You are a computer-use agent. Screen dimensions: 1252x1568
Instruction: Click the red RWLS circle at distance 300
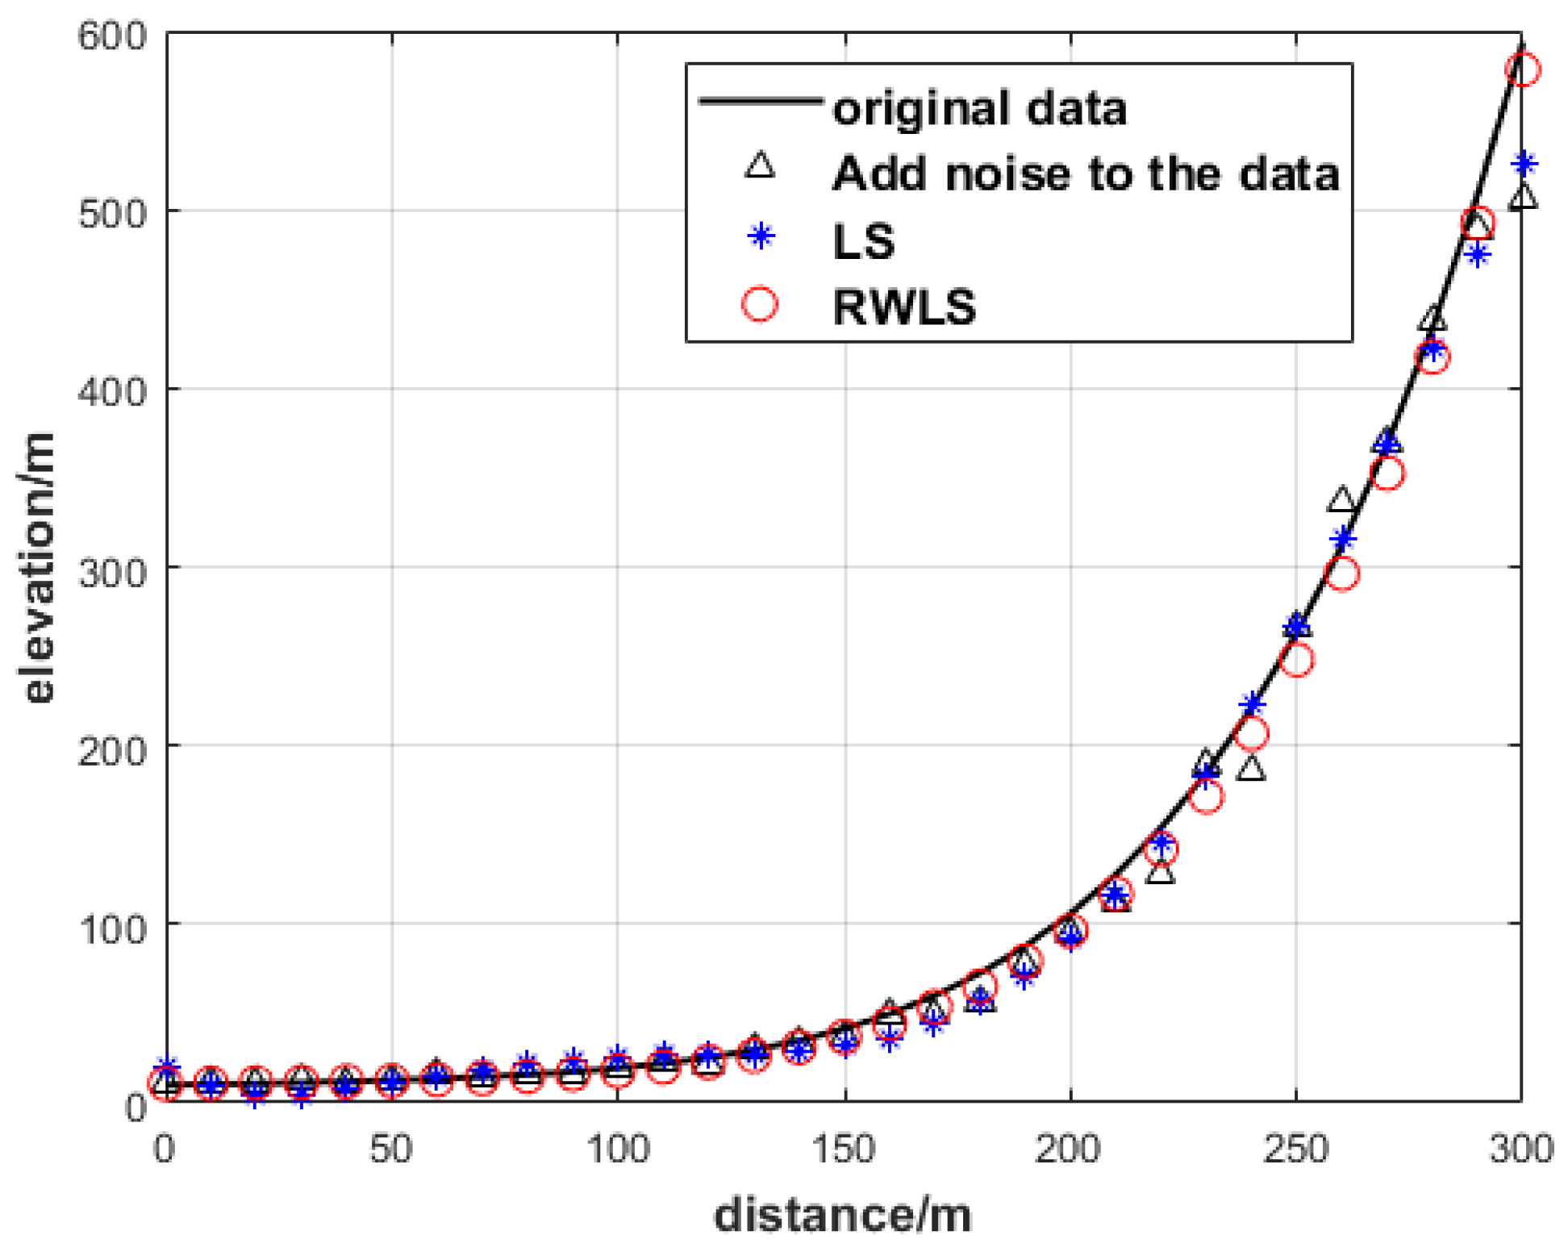(1522, 69)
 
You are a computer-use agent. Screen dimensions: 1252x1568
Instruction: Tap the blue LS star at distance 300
(1524, 165)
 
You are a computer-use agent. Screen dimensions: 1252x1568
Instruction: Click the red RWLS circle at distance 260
(1341, 574)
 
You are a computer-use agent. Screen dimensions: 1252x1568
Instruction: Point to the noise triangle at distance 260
(1341, 500)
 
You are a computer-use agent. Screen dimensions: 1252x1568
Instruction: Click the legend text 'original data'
(979, 108)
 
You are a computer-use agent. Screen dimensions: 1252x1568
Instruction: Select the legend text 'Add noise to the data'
(1086, 173)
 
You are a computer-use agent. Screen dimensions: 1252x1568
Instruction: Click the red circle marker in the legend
(760, 305)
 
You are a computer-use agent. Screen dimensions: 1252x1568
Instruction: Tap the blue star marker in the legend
(761, 237)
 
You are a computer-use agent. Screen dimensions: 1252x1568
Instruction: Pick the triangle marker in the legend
(760, 167)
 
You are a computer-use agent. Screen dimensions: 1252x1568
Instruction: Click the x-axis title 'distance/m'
(843, 1215)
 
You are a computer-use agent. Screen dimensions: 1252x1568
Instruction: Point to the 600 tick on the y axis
(113, 36)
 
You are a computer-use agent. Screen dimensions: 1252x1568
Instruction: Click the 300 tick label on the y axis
(113, 570)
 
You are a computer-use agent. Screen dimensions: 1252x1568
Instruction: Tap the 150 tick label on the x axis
(843, 1149)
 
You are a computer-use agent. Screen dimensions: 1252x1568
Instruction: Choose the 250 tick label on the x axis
(1295, 1149)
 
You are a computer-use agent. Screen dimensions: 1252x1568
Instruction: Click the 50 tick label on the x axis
(391, 1149)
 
